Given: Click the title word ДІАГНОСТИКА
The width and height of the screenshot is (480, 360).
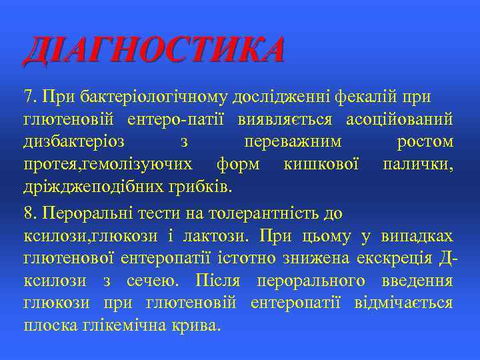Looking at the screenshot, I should point(154,51).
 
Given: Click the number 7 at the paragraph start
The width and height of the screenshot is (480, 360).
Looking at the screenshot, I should point(28,97).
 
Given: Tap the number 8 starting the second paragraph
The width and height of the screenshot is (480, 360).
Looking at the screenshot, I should point(28,214).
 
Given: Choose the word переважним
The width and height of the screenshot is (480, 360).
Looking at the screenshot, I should point(293,142).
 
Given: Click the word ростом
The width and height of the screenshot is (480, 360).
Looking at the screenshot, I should point(425,142).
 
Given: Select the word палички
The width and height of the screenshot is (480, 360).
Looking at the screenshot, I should point(418,164).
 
